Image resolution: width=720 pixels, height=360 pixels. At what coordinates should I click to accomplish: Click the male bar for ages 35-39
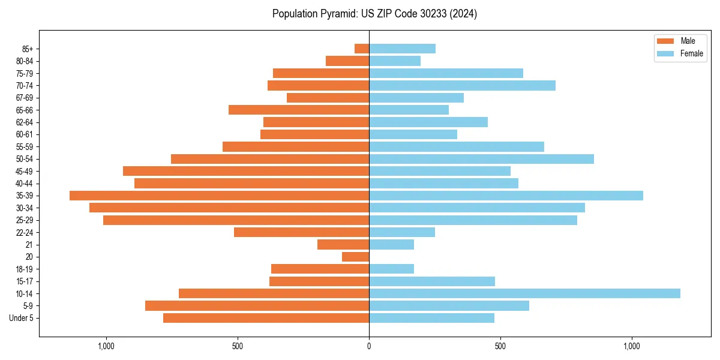219,196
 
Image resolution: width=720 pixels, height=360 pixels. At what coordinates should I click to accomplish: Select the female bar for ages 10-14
524,293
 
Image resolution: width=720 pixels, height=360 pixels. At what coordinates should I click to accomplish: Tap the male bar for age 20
355,257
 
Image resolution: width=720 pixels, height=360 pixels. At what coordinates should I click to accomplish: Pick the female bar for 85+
402,49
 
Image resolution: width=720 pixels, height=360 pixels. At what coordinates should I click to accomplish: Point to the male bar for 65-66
299,110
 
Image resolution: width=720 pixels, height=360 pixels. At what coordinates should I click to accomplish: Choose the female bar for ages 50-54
481,159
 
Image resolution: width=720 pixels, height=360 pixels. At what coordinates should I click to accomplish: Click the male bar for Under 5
266,318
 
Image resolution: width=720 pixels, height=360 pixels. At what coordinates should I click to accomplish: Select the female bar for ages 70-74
462,85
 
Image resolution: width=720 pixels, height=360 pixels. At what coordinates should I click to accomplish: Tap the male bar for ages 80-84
347,61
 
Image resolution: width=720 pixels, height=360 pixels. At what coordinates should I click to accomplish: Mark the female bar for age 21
391,245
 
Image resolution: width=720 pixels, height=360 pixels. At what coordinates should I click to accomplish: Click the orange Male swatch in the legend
665,41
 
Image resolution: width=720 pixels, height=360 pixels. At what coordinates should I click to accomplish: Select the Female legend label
692,53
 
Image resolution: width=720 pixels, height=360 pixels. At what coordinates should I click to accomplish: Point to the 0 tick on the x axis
369,346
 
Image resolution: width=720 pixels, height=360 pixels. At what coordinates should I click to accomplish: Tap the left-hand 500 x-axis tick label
238,346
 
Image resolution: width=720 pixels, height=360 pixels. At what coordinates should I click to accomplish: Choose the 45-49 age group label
23,171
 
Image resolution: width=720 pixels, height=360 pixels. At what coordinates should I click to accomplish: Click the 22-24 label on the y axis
23,232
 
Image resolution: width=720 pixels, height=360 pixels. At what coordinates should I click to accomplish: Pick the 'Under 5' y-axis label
22,318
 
